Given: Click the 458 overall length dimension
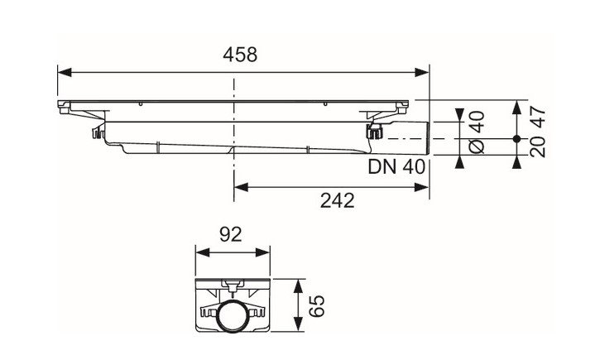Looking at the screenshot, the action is (240, 55).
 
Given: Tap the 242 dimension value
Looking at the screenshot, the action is (337, 200).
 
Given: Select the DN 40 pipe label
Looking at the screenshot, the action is (396, 167).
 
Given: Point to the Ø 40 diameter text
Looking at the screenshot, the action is (478, 132).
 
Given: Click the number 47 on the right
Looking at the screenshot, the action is (538, 117).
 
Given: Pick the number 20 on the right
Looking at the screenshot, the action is (538, 146).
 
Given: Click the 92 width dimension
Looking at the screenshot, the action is (231, 234).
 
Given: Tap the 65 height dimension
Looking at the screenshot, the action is (317, 305).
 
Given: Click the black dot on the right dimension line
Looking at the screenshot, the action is (516, 139).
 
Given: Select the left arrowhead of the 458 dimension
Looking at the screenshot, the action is (65, 72).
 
